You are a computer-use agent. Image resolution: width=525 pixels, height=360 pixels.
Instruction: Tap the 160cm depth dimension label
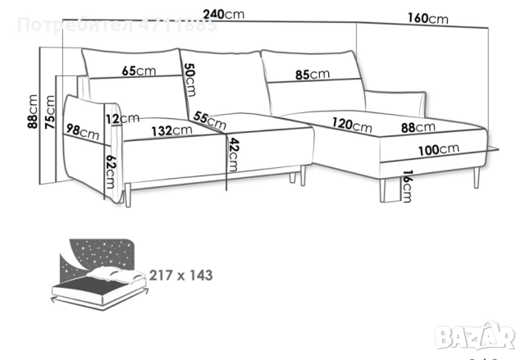427,19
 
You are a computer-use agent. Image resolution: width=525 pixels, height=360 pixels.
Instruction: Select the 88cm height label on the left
33,112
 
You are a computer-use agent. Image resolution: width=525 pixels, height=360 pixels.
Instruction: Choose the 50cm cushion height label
189,80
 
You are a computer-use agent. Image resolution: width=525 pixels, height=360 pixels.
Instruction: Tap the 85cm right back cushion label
313,75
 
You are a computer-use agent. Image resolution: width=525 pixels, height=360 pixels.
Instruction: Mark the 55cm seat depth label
210,120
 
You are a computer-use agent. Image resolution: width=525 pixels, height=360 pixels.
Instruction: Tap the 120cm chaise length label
352,126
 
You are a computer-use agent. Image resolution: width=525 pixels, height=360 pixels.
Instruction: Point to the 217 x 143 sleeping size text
180,275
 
